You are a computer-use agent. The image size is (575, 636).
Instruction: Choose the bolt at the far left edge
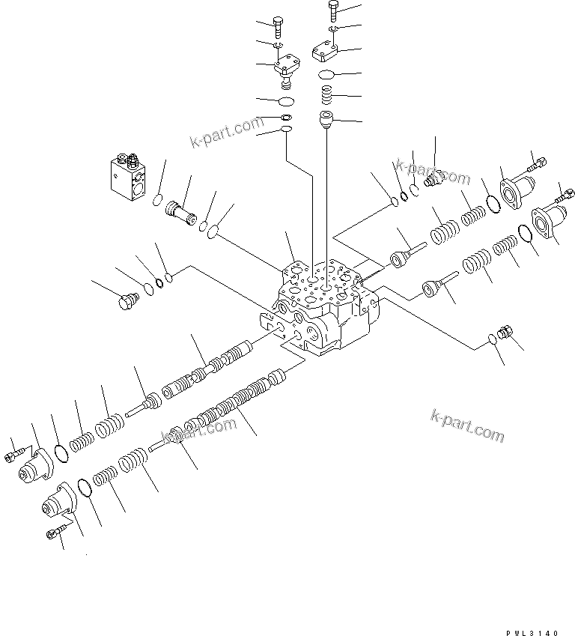pyautogui.click(x=13, y=453)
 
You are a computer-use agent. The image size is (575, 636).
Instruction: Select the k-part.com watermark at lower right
pyautogui.click(x=468, y=426)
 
